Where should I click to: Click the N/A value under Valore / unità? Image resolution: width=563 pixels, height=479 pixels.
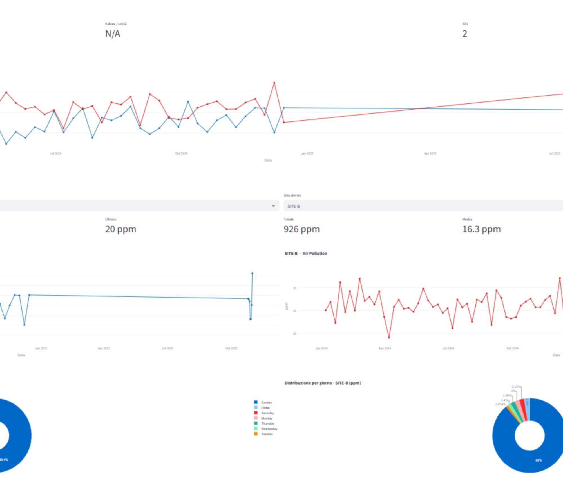tap(113, 34)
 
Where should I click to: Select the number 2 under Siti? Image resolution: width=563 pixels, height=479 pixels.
tap(464, 34)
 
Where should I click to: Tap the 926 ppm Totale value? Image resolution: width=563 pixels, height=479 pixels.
tap(301, 229)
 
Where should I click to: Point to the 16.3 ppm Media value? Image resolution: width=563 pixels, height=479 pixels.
tap(481, 229)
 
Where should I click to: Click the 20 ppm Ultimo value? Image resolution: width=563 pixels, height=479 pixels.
tap(120, 229)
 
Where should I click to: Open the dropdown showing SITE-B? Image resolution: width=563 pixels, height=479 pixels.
tap(422, 206)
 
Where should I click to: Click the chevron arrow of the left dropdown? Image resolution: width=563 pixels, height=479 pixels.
tap(273, 206)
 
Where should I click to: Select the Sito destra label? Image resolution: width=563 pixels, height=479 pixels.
tap(292, 195)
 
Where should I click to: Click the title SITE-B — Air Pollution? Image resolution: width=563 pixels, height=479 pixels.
tap(306, 253)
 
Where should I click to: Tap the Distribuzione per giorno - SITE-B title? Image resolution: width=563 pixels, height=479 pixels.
tap(323, 383)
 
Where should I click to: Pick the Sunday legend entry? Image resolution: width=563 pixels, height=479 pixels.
tap(266, 403)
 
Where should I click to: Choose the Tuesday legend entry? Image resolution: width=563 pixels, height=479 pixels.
tap(267, 434)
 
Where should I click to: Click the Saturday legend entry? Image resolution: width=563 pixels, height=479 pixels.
tap(267, 413)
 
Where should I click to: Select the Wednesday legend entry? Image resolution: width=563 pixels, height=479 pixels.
tap(269, 429)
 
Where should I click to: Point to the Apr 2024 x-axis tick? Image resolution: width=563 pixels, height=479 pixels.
tap(385, 348)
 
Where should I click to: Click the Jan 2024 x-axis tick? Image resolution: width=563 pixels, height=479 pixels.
tap(321, 348)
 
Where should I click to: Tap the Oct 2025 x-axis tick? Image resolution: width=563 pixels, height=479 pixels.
tap(231, 348)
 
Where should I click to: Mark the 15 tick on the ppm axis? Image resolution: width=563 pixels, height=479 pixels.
tap(294, 311)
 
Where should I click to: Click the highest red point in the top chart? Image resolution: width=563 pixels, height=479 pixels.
tap(274, 83)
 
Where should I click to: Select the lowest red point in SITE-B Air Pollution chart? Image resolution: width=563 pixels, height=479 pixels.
tap(389, 337)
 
